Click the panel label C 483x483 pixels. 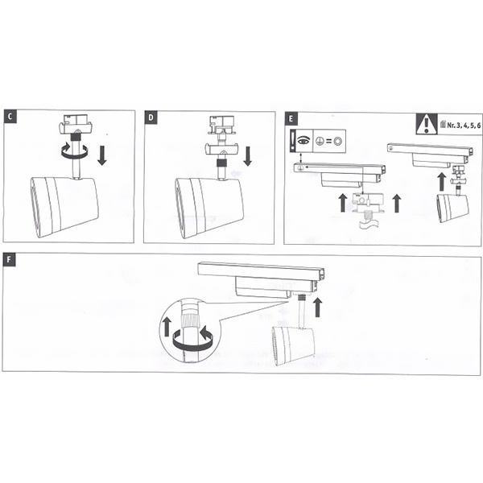tap(10, 117)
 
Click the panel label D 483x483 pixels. tap(151, 118)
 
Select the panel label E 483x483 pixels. tap(291, 119)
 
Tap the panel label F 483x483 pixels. tap(9, 259)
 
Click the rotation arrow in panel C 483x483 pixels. tap(75, 151)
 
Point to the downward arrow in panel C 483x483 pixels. tap(102, 156)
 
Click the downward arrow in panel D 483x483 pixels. tap(247, 156)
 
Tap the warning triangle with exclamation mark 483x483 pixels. tap(427, 124)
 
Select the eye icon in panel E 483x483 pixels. tap(303, 140)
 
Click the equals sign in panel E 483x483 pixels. tap(329, 142)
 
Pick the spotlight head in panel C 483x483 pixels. tap(64, 207)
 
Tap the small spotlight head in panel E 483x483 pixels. tap(452, 208)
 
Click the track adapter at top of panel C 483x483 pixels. tap(76, 125)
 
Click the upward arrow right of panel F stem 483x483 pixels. tap(317, 308)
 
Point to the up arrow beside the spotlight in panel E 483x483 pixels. tap(442, 181)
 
